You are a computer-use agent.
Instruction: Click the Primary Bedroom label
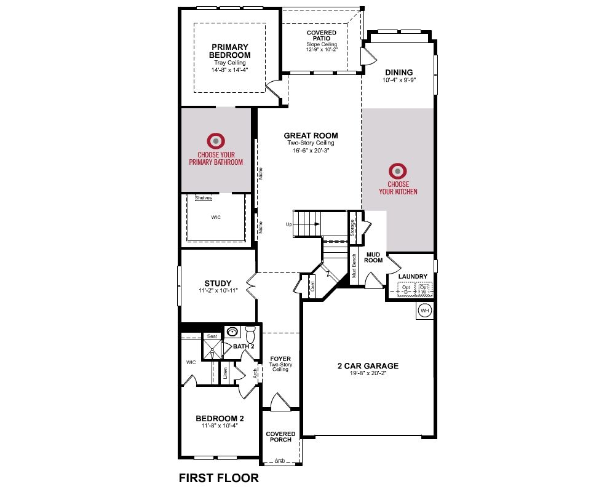[230, 51]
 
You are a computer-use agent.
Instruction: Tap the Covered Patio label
[322, 35]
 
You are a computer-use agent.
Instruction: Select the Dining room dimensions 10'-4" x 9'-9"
[399, 80]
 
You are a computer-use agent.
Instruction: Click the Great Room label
[311, 136]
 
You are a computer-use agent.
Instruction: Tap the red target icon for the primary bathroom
[216, 141]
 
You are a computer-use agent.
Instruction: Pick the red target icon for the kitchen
[398, 171]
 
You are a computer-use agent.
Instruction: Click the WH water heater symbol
[425, 311]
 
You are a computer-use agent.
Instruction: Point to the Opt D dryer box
[406, 290]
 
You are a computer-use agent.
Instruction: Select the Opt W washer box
[424, 290]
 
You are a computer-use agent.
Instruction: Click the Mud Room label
[373, 258]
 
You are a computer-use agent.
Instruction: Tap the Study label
[218, 284]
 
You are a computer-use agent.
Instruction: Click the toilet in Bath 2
[250, 334]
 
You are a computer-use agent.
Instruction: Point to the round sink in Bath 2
[232, 332]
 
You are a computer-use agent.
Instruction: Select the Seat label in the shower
[212, 336]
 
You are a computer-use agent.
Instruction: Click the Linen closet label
[225, 373]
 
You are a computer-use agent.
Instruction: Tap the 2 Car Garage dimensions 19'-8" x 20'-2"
[368, 373]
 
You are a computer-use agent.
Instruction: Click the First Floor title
[219, 478]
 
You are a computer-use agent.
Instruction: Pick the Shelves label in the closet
[203, 198]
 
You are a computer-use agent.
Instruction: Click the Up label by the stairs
[289, 225]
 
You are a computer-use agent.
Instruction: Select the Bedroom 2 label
[220, 419]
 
